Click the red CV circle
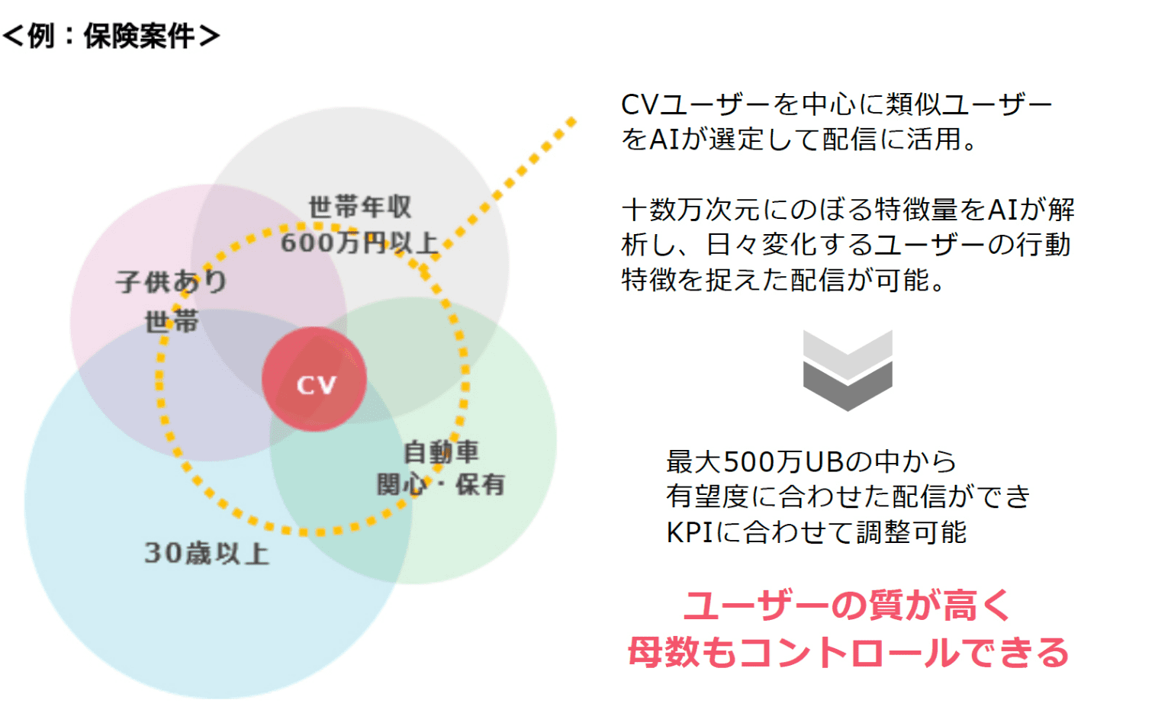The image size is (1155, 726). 314,380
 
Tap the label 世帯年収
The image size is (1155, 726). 360,207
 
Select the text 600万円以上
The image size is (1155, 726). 359,243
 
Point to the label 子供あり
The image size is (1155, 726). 172,281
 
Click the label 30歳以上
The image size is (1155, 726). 207,553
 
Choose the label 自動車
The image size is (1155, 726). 441,451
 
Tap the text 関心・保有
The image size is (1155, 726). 441,484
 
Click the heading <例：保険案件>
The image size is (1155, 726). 111,36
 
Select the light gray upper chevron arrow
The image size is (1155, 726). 848,352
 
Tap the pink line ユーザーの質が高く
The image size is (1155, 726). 847,606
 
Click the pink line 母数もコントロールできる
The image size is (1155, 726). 848,652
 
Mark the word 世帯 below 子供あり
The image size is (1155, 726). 172,321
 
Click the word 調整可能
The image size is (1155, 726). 911,532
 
